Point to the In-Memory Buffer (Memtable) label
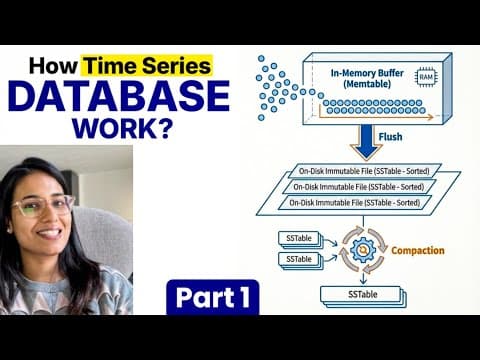(371, 78)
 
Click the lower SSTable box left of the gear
(298, 259)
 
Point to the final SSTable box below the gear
(357, 296)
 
